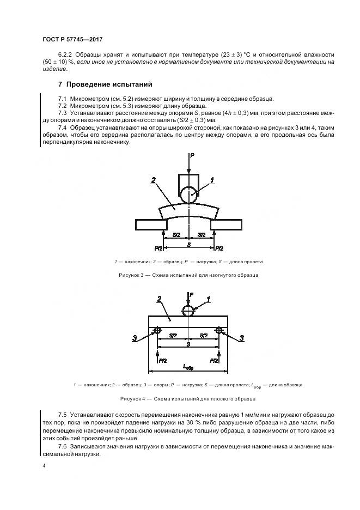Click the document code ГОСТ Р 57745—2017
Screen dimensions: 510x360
pos(72,40)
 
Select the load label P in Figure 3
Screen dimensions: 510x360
pos(193,156)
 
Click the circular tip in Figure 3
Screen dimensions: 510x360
pos(188,195)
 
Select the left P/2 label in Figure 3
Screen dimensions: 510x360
pos(158,248)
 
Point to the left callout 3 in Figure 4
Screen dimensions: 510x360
pos(135,338)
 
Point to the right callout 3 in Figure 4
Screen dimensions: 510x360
pos(242,338)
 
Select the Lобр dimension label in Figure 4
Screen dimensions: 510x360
pos(188,368)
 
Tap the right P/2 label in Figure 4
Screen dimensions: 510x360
pos(215,361)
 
